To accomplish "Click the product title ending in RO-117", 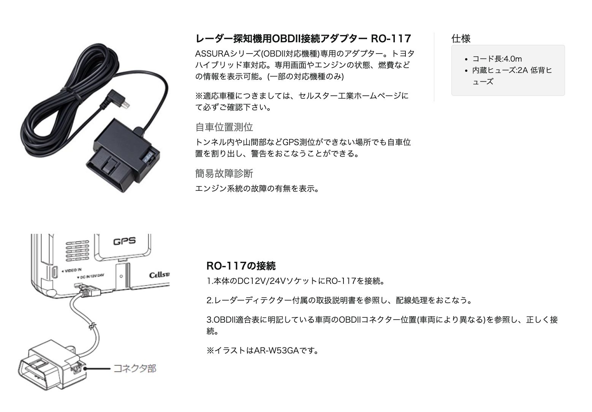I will (303, 38).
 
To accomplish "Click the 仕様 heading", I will (461, 38).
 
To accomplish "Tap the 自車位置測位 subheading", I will (224, 127).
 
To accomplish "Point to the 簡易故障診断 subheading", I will (224, 174).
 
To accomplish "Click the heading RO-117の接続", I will (241, 266).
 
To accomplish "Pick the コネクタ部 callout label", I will (135, 368).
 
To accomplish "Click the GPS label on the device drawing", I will (124, 241).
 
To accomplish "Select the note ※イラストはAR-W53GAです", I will (262, 350).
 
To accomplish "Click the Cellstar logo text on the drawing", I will (159, 274).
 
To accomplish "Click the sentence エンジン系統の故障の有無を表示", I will (257, 189).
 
